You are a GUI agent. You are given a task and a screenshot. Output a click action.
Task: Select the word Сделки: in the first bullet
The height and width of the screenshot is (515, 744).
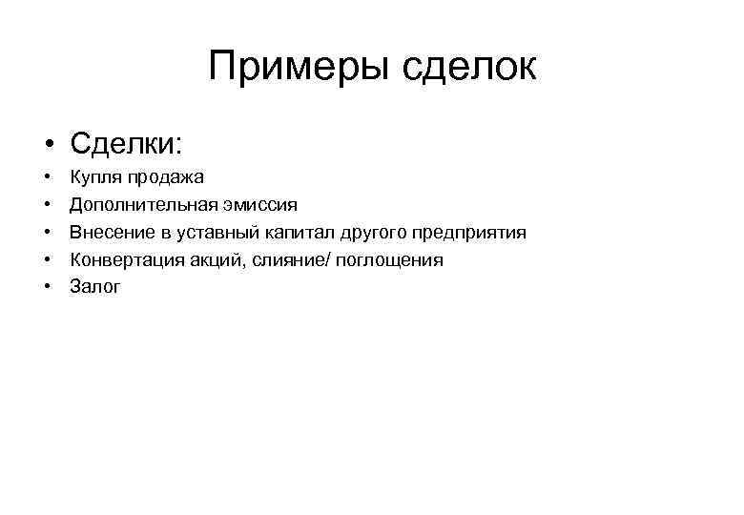click(x=124, y=144)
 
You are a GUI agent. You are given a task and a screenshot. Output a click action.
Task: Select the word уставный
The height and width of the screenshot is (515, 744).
click(x=213, y=233)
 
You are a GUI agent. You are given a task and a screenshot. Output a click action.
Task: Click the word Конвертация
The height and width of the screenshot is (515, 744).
click(x=125, y=260)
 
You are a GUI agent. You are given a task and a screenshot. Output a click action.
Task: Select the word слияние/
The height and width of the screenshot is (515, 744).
click(x=290, y=260)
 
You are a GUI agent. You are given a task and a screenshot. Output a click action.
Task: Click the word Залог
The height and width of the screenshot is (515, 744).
click(x=95, y=287)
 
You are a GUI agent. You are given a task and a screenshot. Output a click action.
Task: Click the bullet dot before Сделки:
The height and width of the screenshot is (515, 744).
click(x=46, y=146)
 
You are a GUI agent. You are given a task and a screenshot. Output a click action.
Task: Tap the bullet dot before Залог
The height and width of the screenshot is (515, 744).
click(x=46, y=288)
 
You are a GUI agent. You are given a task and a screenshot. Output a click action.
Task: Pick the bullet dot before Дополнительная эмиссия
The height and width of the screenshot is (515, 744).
click(x=46, y=206)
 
